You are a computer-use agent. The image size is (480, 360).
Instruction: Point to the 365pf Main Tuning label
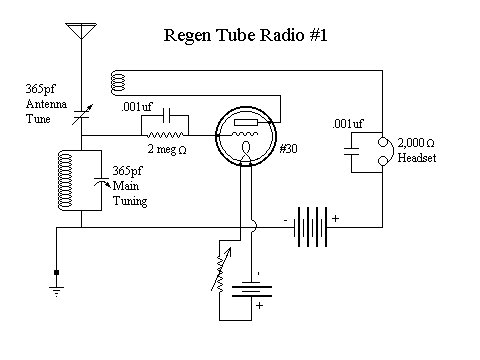click(130, 185)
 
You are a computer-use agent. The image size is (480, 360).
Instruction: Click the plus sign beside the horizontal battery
click(335, 217)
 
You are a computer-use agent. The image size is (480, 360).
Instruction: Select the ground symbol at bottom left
click(57, 284)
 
